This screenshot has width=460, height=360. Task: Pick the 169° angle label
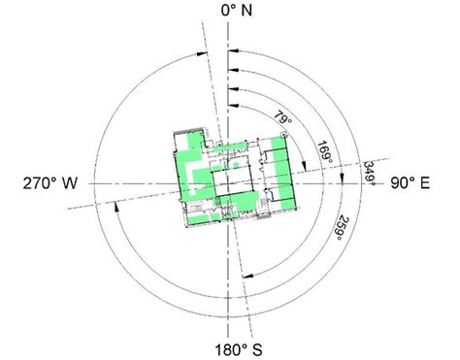click(x=326, y=148)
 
